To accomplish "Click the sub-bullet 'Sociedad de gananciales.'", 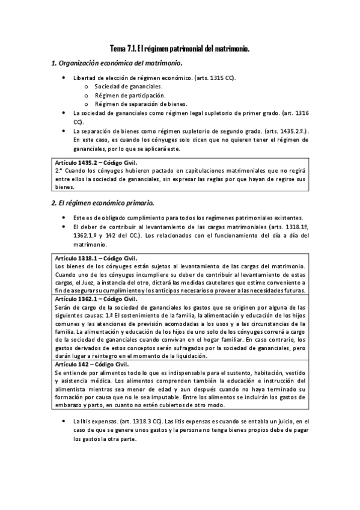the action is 120,87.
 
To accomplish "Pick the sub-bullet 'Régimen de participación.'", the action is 122,95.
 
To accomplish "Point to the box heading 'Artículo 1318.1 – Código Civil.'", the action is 96,257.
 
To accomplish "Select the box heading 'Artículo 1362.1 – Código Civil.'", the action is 96,299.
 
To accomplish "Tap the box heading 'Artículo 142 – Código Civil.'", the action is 92,364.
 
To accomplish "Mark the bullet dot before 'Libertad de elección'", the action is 64,78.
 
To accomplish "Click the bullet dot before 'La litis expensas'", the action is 64,421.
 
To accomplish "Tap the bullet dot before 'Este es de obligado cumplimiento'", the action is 64,217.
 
